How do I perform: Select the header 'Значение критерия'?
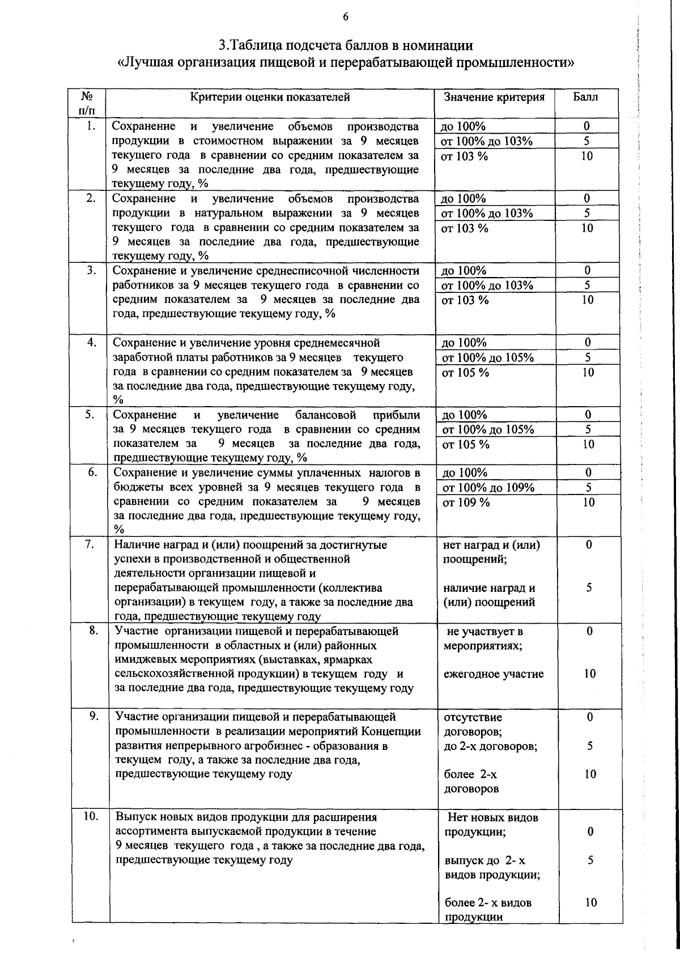494,97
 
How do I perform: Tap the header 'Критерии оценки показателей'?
270,97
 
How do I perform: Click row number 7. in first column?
90,544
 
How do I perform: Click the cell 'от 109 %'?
466,502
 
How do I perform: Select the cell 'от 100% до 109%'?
488,488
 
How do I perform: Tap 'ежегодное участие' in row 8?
494,674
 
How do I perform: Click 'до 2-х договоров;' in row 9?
491,746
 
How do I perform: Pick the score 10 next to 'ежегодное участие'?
589,674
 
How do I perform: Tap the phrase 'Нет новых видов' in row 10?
492,817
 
